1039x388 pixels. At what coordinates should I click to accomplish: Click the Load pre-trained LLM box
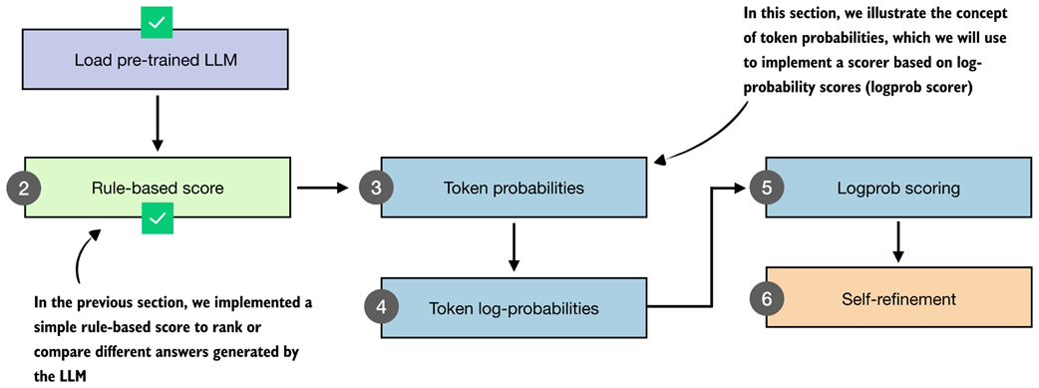(x=157, y=59)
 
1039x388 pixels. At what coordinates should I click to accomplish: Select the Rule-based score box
(x=157, y=188)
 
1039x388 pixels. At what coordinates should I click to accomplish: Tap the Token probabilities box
(x=514, y=188)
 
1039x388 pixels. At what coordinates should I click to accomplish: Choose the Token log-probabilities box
(x=514, y=308)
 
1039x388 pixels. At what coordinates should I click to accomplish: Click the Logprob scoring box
(x=898, y=188)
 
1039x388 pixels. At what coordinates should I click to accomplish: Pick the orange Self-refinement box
(x=898, y=298)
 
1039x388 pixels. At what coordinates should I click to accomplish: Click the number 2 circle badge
(x=25, y=188)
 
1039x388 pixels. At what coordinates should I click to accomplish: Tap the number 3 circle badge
(x=376, y=188)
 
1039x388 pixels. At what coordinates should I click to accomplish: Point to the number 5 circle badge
(x=767, y=188)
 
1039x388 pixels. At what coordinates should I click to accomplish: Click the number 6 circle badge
(x=767, y=298)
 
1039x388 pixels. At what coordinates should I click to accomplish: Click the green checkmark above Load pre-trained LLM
(x=157, y=22)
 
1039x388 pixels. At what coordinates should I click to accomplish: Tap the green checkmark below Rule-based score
(x=157, y=218)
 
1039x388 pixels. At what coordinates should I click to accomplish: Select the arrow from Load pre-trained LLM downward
(x=157, y=123)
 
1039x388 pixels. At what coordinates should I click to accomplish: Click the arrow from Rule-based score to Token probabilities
(x=323, y=188)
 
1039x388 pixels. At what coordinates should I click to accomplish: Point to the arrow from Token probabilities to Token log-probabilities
(x=514, y=247)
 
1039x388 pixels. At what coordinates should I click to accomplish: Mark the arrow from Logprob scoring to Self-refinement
(x=897, y=242)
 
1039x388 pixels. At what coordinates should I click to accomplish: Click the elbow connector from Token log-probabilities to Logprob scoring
(x=711, y=246)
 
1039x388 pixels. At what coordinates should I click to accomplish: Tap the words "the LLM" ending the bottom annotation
(x=60, y=376)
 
